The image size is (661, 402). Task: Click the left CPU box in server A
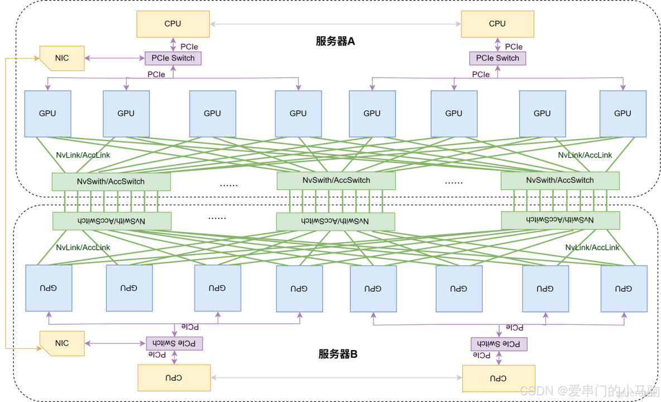[173, 24]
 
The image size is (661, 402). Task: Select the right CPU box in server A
[497, 24]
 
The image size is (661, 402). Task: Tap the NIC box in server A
[62, 58]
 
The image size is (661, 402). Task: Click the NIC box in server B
[62, 343]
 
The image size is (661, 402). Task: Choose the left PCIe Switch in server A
[173, 58]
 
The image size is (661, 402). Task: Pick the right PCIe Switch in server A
[497, 58]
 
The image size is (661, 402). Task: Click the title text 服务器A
[335, 41]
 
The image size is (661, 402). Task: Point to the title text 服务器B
[338, 354]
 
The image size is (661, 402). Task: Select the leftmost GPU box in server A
[47, 113]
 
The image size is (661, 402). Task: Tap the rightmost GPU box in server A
[622, 113]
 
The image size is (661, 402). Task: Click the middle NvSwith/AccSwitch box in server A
[336, 181]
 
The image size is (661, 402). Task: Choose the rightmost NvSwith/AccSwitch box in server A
[560, 181]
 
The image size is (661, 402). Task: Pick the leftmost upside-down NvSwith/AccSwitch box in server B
[112, 221]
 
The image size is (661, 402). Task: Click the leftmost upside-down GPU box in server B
[49, 289]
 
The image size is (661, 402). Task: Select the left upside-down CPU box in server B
[174, 378]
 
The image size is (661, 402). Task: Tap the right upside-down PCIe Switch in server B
[499, 344]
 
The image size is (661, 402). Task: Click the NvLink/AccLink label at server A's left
[83, 155]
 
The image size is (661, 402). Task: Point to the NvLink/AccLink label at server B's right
[592, 247]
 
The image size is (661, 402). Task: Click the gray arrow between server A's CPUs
[335, 24]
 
